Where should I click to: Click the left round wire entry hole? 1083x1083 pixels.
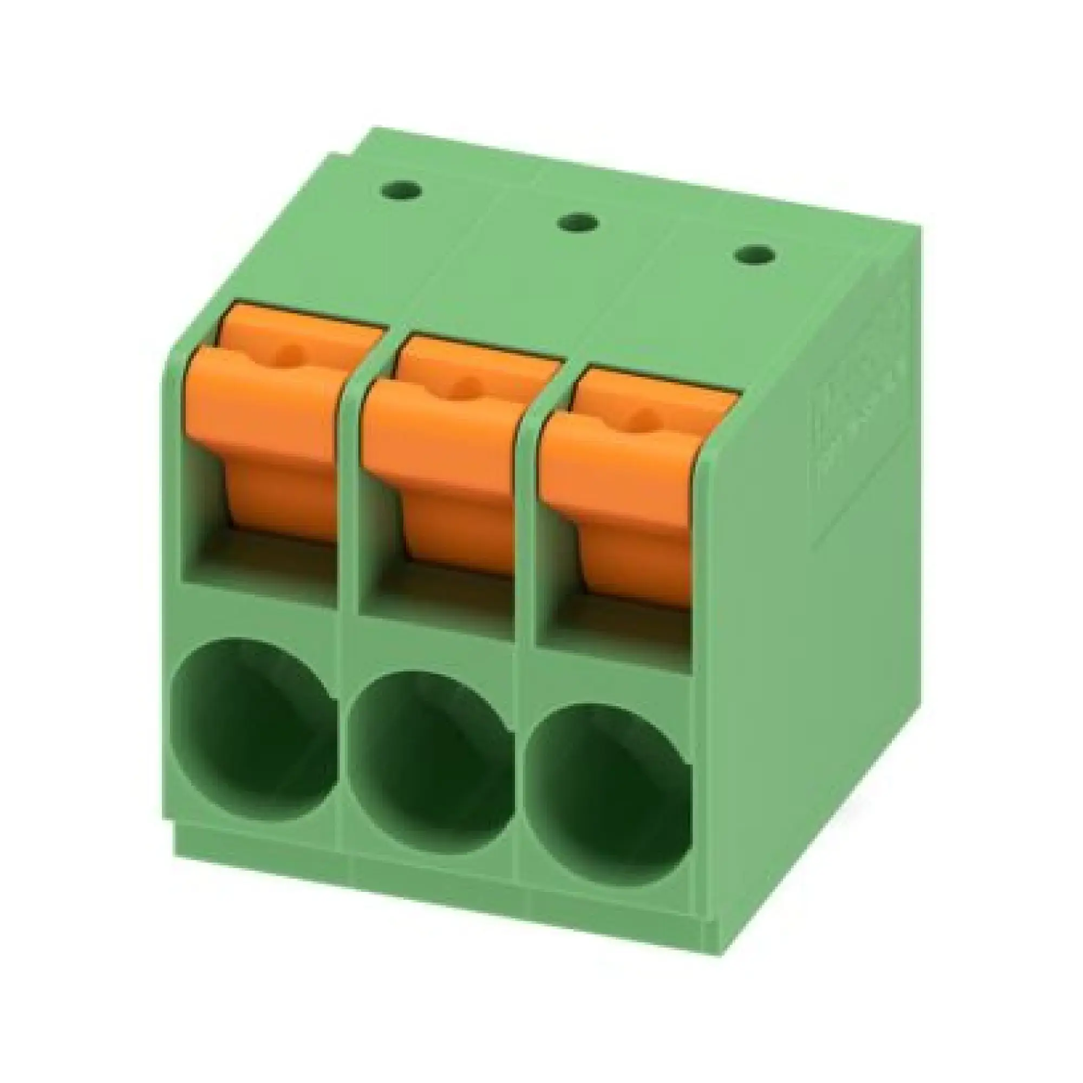point(255,740)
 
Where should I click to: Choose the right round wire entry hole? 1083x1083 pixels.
point(608,807)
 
